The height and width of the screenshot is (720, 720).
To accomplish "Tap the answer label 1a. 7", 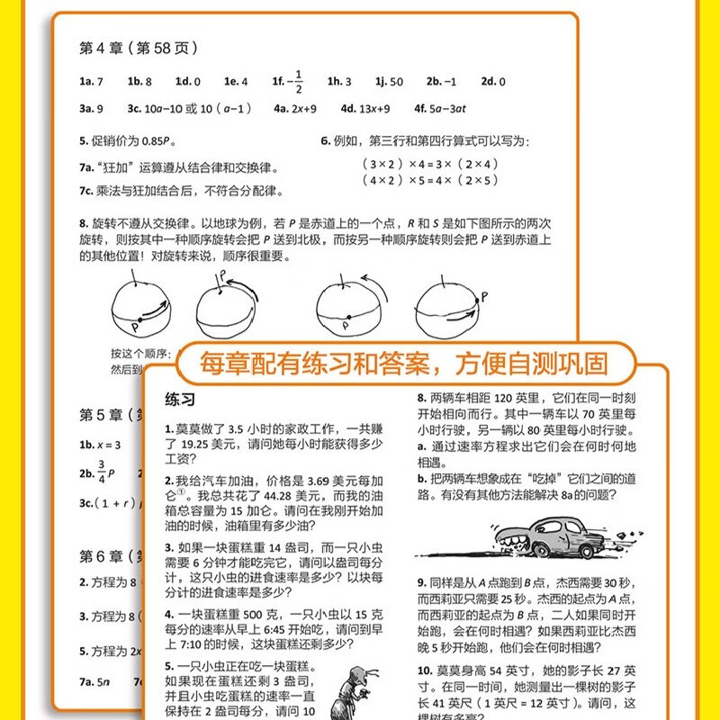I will click(x=92, y=81).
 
